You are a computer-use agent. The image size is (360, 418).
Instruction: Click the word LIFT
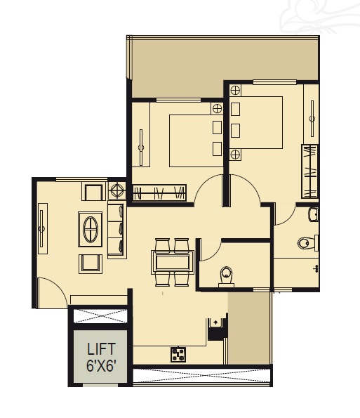[x=101, y=349]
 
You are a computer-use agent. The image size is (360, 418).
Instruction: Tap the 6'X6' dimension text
[x=101, y=365]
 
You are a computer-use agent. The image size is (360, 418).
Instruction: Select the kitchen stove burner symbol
[x=178, y=355]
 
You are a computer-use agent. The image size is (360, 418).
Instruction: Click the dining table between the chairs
[x=173, y=262]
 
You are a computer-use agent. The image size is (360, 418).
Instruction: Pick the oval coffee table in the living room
[x=91, y=230]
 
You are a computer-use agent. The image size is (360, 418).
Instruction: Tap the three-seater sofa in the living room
[x=116, y=230]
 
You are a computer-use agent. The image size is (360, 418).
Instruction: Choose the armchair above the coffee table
[x=93, y=191]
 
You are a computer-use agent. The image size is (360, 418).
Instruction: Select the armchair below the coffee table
[x=91, y=263]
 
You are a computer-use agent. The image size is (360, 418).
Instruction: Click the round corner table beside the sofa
[x=117, y=190]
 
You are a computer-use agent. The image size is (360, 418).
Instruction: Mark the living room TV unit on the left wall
[x=42, y=228]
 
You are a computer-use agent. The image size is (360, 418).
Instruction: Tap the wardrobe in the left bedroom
[x=159, y=192]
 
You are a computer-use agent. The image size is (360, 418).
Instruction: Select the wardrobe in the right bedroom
[x=309, y=171]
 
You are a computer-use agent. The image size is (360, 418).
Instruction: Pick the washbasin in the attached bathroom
[x=313, y=214]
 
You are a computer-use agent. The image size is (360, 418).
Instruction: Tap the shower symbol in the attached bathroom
[x=316, y=268]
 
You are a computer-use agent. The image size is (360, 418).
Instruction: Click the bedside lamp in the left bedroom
[x=217, y=108]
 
